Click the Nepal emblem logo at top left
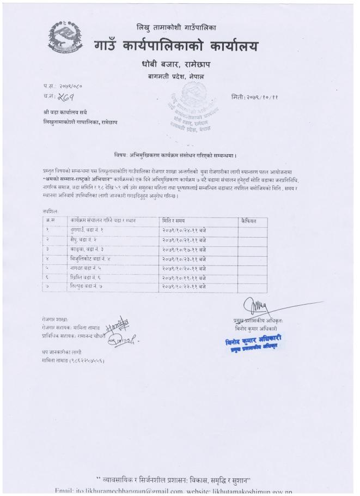[x=65, y=35]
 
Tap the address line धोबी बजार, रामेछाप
[x=174, y=66]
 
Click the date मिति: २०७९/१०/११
[x=254, y=96]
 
